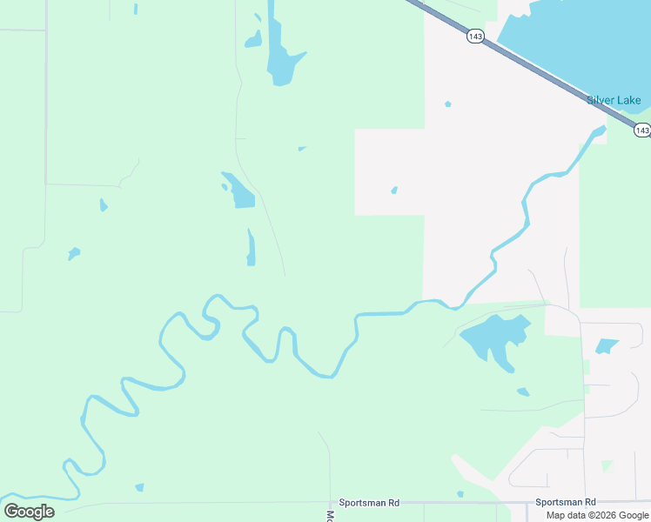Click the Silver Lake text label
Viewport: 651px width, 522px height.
pos(614,100)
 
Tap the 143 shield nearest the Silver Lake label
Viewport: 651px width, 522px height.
pos(641,130)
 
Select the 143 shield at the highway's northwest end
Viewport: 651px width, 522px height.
pos(474,37)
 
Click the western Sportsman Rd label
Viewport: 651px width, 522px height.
pos(369,503)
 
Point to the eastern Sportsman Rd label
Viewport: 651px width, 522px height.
pos(566,502)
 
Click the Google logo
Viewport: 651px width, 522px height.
pos(29,512)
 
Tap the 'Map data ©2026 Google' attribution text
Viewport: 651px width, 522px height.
pos(597,515)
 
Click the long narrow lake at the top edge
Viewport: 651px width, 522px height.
pos(280,52)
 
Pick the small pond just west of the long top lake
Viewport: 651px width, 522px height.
pos(253,40)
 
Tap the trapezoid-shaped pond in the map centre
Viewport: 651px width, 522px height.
pos(240,192)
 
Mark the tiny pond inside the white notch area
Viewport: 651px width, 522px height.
pos(394,190)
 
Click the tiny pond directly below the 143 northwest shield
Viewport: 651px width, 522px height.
pos(448,104)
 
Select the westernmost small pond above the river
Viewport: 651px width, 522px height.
pos(74,253)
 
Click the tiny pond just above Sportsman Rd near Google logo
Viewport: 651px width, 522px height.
pos(139,487)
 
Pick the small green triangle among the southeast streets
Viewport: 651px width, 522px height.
pos(607,465)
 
